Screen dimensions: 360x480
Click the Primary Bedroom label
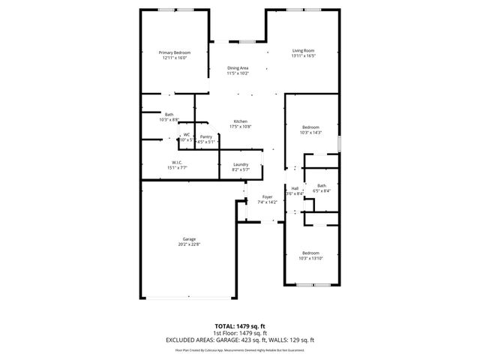[x=174, y=52]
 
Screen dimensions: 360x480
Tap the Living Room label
[x=303, y=50]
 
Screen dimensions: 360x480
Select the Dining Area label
[x=238, y=68]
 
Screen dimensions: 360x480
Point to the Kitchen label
[x=240, y=121]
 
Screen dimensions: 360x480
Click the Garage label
[x=189, y=239]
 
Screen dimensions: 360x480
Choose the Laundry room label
[x=241, y=164]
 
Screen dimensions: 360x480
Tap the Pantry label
[x=205, y=136]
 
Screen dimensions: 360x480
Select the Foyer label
[x=267, y=197]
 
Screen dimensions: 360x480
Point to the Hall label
[x=295, y=188]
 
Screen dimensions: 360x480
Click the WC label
[x=187, y=135]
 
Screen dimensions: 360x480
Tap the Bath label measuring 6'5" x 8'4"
[x=322, y=185]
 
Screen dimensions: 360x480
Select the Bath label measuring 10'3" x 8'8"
[x=169, y=115]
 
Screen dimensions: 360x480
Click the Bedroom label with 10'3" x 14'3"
[x=310, y=127]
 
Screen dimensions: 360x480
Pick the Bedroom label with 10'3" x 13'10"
[x=310, y=253]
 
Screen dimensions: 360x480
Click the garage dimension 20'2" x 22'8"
[x=189, y=244]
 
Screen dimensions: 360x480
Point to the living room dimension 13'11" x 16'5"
[x=303, y=55]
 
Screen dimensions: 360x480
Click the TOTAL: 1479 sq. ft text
[x=239, y=326]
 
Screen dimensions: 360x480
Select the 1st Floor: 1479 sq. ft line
[x=239, y=332]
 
